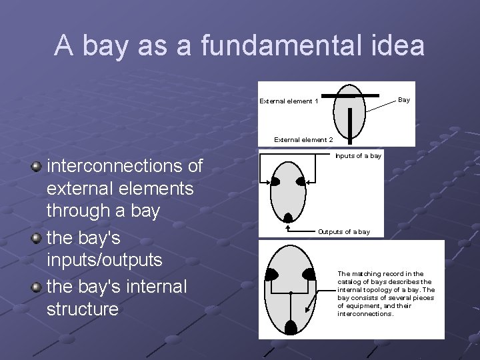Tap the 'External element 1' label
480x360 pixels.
point(289,101)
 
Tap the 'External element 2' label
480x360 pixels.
point(303,140)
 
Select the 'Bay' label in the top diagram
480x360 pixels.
point(403,100)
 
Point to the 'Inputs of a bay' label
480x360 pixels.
point(358,155)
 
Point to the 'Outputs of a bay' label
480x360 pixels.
point(343,232)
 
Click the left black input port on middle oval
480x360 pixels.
point(274,182)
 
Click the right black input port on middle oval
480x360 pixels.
point(301,182)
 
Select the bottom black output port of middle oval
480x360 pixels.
point(288,216)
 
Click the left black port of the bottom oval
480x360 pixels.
point(272,273)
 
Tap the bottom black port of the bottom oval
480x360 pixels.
point(291,327)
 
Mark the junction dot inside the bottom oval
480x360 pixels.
point(291,292)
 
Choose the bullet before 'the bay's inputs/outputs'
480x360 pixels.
point(37,238)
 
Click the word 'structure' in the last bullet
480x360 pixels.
point(83,309)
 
